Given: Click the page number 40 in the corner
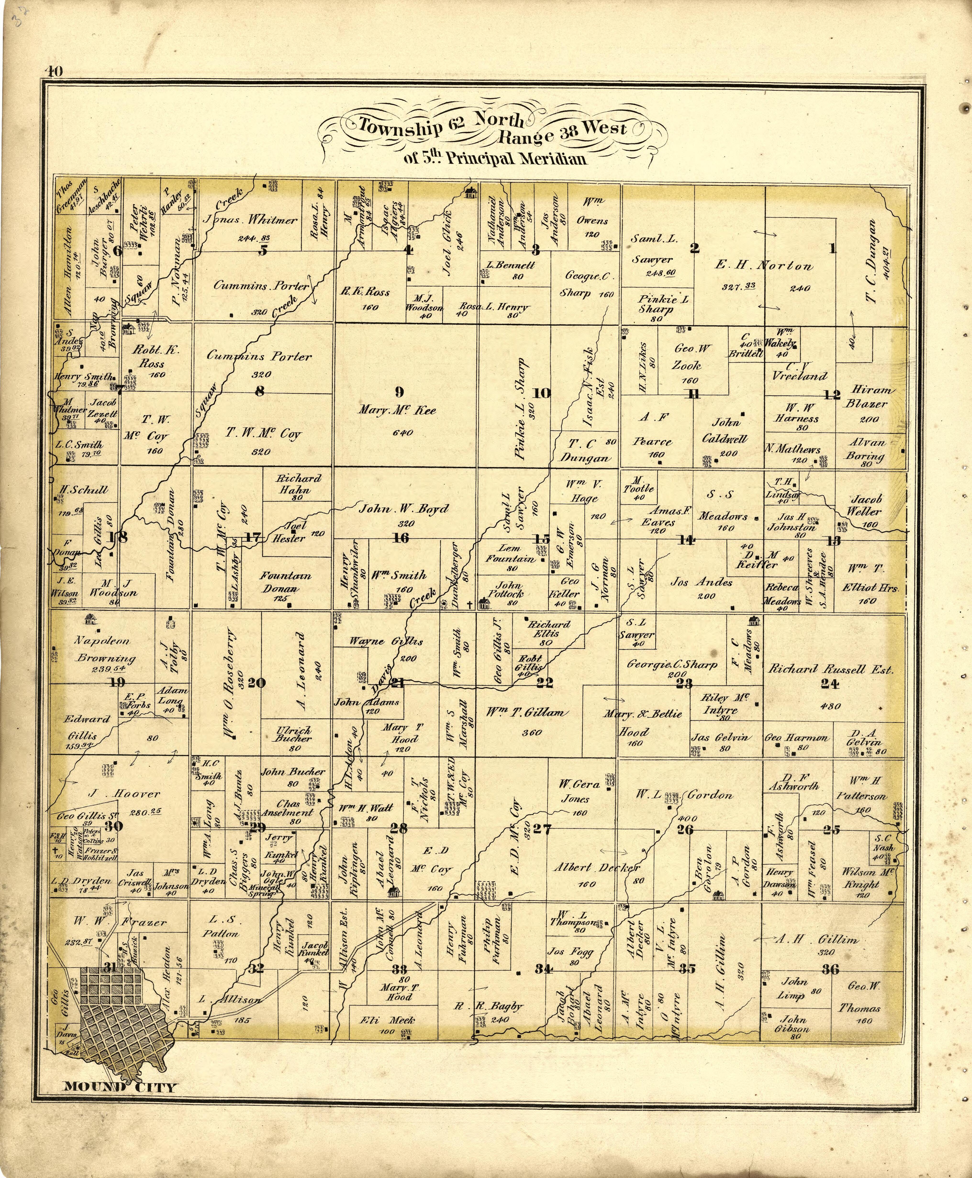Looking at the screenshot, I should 54,71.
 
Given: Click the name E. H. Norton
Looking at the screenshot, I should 764,266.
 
